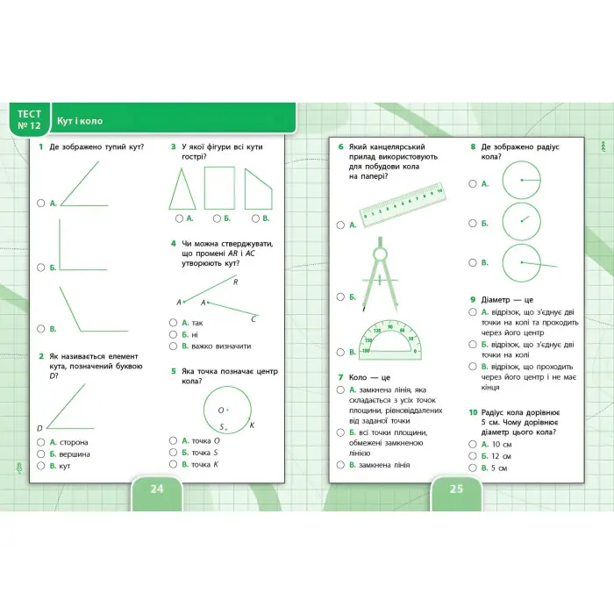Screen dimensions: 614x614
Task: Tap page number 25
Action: [x=456, y=489]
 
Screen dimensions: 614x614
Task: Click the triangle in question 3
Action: [x=182, y=188]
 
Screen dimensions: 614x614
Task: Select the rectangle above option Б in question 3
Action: [x=219, y=188]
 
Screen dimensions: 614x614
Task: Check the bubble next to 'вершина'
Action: [x=41, y=453]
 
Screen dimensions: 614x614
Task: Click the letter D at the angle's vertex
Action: [x=39, y=428]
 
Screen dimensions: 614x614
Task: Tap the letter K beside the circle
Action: [x=252, y=426]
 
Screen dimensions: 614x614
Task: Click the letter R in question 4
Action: [x=236, y=282]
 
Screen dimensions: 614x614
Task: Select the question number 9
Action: [x=473, y=299]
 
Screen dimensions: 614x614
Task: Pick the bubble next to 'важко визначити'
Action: [x=174, y=346]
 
